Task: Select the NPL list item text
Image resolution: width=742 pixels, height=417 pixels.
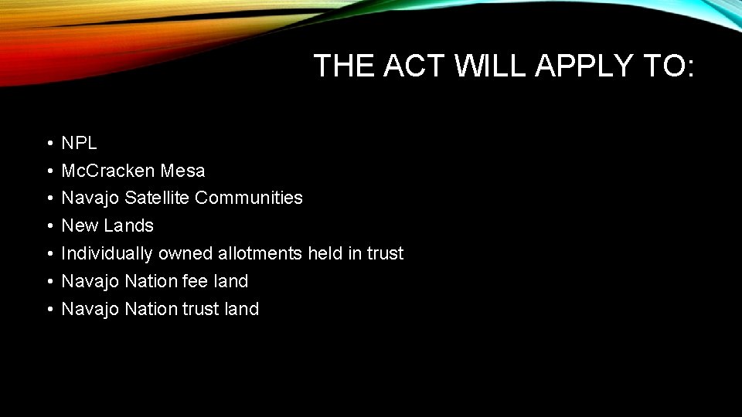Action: click(x=79, y=143)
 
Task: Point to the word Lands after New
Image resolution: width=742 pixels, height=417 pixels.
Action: click(x=129, y=226)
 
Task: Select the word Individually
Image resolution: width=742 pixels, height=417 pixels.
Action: click(x=107, y=254)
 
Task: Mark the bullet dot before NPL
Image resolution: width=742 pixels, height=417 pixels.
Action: click(x=48, y=144)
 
